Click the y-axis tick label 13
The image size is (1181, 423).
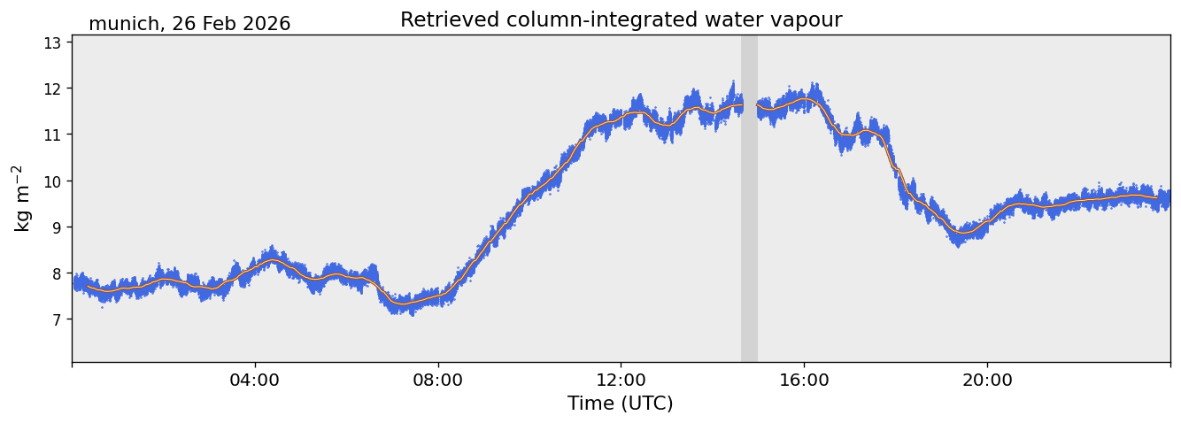coord(52,42)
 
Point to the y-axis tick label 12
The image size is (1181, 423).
coord(52,88)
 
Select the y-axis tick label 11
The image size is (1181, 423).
coord(52,135)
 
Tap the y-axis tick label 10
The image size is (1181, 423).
coord(52,181)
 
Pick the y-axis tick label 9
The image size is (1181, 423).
coord(57,227)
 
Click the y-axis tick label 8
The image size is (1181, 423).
coord(57,273)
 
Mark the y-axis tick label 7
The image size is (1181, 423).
coord(57,319)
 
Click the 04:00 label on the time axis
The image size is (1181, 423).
coord(255,380)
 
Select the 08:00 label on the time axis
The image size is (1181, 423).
coord(437,380)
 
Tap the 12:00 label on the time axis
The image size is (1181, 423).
coord(621,380)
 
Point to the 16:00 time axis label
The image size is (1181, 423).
coord(804,380)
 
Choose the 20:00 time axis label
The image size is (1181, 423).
coord(987,380)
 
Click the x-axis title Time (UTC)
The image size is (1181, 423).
coord(621,404)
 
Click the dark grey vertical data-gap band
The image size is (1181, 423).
coord(749,198)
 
